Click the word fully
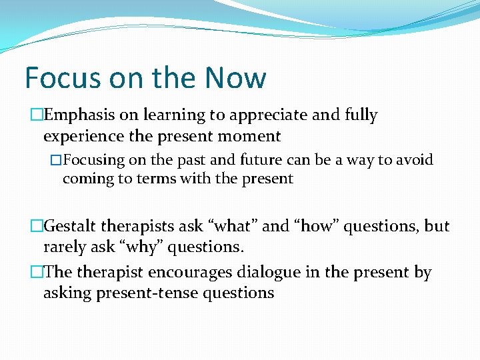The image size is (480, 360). coord(361,115)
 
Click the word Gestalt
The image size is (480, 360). coord(70,226)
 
